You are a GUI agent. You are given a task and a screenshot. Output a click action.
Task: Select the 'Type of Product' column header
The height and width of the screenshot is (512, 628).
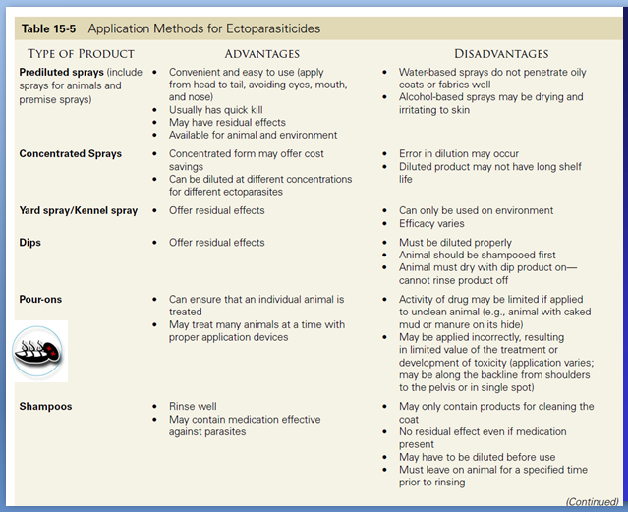[x=82, y=53]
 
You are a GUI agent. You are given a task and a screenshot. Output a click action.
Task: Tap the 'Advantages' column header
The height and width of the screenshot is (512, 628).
[x=261, y=53]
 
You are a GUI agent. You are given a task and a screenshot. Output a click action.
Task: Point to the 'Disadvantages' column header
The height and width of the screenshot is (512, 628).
[x=501, y=53]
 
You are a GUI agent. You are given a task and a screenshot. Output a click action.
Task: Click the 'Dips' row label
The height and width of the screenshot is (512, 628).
[x=32, y=243]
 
